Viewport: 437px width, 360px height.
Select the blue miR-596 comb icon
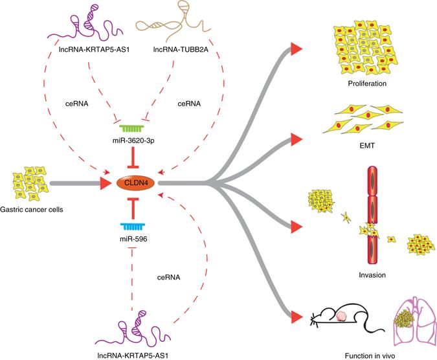pos(135,227)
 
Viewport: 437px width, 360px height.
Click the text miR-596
pos(135,240)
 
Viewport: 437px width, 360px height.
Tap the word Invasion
pos(372,275)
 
